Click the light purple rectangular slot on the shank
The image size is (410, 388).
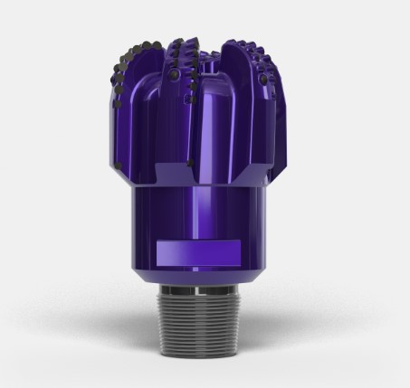point(197,251)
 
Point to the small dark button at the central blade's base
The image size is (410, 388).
point(191,164)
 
